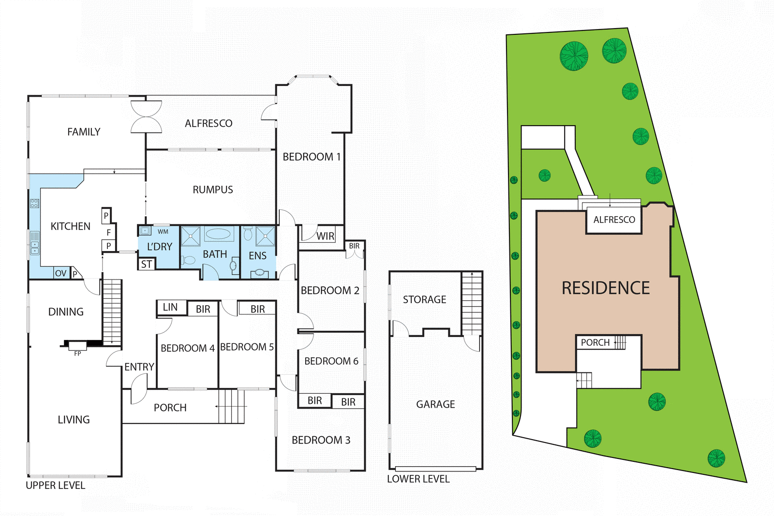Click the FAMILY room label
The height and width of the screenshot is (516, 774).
point(84,132)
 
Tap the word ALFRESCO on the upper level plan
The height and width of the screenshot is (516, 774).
point(208,124)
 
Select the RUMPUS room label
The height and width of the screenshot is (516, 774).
point(213,190)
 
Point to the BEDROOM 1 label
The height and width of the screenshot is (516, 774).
point(312,157)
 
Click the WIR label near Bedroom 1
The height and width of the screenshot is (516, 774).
point(326,236)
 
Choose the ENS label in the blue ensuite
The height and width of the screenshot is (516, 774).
point(257,256)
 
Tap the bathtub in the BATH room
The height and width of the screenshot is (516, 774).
point(219,235)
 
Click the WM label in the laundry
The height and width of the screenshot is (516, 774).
point(163,232)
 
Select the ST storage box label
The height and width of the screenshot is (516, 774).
point(147,265)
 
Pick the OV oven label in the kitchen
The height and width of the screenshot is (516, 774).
point(60,274)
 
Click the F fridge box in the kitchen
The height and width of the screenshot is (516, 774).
point(109,233)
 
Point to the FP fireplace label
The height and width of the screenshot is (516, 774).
point(77,354)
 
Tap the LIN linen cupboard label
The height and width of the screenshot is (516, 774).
point(170,308)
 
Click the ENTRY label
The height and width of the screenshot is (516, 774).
point(139,367)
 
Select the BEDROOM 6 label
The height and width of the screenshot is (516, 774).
point(331,361)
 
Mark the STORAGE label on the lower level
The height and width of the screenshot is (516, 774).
point(425,300)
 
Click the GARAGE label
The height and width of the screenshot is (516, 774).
point(435,404)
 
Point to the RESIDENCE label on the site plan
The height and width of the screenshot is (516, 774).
point(606,288)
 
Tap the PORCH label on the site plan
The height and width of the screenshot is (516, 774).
point(595,343)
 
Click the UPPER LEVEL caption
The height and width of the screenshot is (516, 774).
point(55,486)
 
